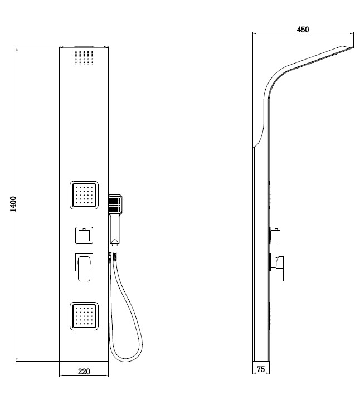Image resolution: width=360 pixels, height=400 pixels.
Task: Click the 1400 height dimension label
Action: pos(13,204)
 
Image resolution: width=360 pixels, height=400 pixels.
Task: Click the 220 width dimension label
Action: pos(84,372)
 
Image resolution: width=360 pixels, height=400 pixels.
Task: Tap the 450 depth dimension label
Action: pos(303,30)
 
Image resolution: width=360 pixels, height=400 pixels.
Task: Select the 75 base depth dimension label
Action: pos(261,369)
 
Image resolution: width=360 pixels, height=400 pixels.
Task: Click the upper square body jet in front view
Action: pos(84,195)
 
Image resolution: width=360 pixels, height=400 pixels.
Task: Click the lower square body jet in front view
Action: pos(84,316)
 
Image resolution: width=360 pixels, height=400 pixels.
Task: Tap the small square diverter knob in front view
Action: pos(84,235)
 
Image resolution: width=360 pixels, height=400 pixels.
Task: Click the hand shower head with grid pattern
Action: pos(115,204)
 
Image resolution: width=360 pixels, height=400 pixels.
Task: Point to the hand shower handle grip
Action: pos(115,228)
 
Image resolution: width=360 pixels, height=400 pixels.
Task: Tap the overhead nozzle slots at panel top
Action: pos(84,57)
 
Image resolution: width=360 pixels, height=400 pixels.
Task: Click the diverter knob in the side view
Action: pos(275,235)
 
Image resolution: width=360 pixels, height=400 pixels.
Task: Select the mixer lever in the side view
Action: pos(276,267)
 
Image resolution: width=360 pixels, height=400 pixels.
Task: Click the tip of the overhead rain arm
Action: pos(354,47)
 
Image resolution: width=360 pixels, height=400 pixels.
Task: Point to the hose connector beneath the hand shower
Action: pos(113,248)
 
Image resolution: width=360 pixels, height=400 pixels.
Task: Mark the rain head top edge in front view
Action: pos(84,47)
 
